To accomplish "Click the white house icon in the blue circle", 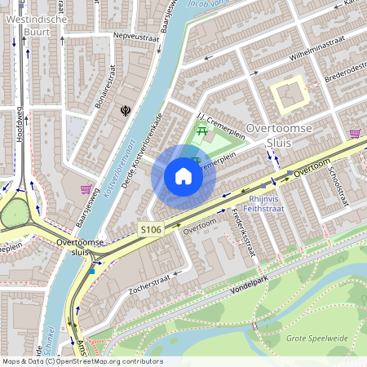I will click(183, 176).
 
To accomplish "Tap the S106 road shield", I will click(150, 230).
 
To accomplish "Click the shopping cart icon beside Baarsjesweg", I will click(86, 189).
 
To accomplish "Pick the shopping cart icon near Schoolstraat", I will click(355, 133).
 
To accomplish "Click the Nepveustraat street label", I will click(113, 38).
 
